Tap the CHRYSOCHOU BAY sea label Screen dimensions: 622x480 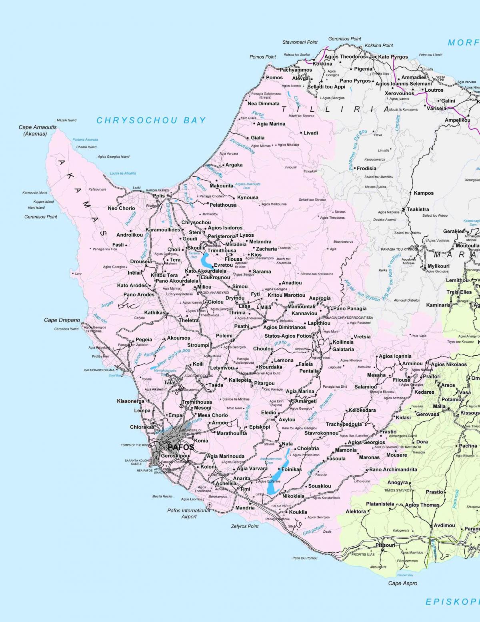pyautogui.click(x=151, y=120)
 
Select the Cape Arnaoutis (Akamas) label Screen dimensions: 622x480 pyautogui.click(x=38, y=131)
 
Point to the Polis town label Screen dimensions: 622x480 pyautogui.click(x=159, y=196)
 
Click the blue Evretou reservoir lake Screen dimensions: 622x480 pyautogui.click(x=206, y=261)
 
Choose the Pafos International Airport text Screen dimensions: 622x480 pyautogui.click(x=188, y=513)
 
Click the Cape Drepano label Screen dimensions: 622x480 pyautogui.click(x=62, y=320)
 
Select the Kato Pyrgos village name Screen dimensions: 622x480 pyautogui.click(x=393, y=57)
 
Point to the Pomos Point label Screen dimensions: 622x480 pyautogui.click(x=263, y=57)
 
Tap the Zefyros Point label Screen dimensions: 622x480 pyautogui.click(x=245, y=526)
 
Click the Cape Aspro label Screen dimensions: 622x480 pyautogui.click(x=402, y=583)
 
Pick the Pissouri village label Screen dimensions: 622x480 pyautogui.click(x=385, y=545)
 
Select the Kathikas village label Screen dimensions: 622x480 pyautogui.click(x=155, y=312)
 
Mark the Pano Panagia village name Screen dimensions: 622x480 pyautogui.click(x=350, y=308)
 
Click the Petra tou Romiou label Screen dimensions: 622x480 pyautogui.click(x=305, y=558)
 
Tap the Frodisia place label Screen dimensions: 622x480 pyautogui.click(x=366, y=169)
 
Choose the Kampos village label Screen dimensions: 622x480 pyautogui.click(x=424, y=193)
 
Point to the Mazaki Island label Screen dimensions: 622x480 pyautogui.click(x=66, y=120)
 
